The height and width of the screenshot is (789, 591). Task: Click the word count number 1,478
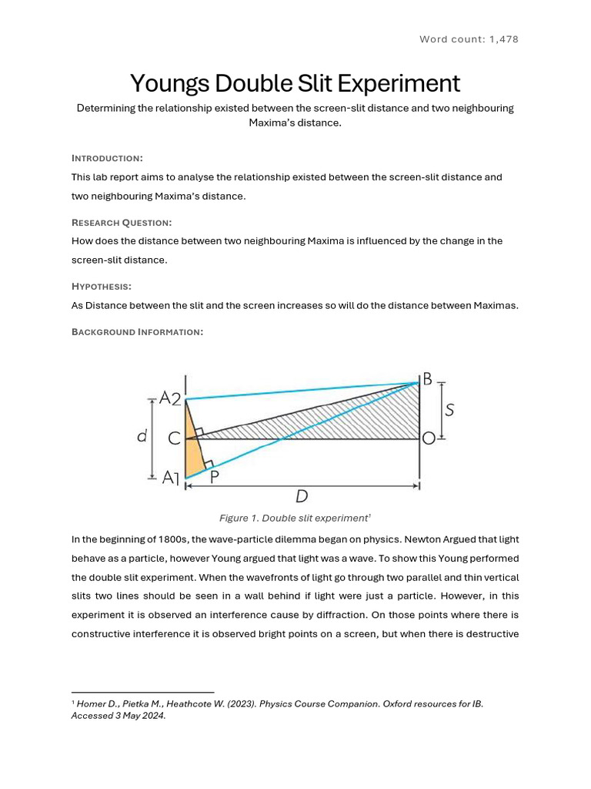(502, 39)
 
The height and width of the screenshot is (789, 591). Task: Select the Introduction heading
(107, 158)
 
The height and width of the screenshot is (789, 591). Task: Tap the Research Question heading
(122, 222)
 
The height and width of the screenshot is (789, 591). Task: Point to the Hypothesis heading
(102, 286)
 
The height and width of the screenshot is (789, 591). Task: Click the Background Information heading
(137, 331)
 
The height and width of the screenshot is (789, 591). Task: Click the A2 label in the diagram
(169, 398)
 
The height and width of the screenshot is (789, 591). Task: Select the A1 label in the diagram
(170, 478)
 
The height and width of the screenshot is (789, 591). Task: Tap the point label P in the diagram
(214, 477)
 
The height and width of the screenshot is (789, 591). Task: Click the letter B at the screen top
(427, 378)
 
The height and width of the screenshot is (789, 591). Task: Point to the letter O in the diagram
(428, 438)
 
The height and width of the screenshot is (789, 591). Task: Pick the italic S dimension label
(449, 411)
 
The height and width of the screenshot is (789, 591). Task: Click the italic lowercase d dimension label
(142, 437)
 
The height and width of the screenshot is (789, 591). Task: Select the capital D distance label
(302, 497)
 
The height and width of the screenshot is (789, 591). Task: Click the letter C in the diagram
(174, 438)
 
